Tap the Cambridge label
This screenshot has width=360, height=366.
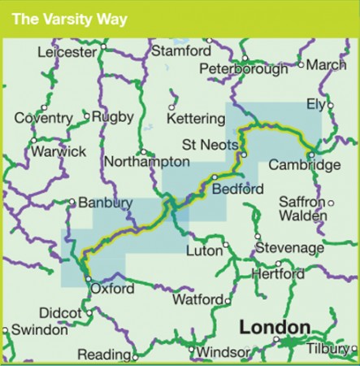click(x=304, y=165)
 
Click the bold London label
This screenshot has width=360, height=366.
click(x=274, y=328)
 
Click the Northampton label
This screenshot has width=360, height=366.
click(x=140, y=163)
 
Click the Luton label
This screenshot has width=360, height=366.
click(x=204, y=251)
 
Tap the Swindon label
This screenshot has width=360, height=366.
click(x=38, y=330)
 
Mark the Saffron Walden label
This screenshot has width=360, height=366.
click(x=301, y=209)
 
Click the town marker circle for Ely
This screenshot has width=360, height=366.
click(x=330, y=105)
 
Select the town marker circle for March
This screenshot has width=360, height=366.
click(x=301, y=64)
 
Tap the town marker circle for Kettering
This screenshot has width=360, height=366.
click(x=172, y=106)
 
